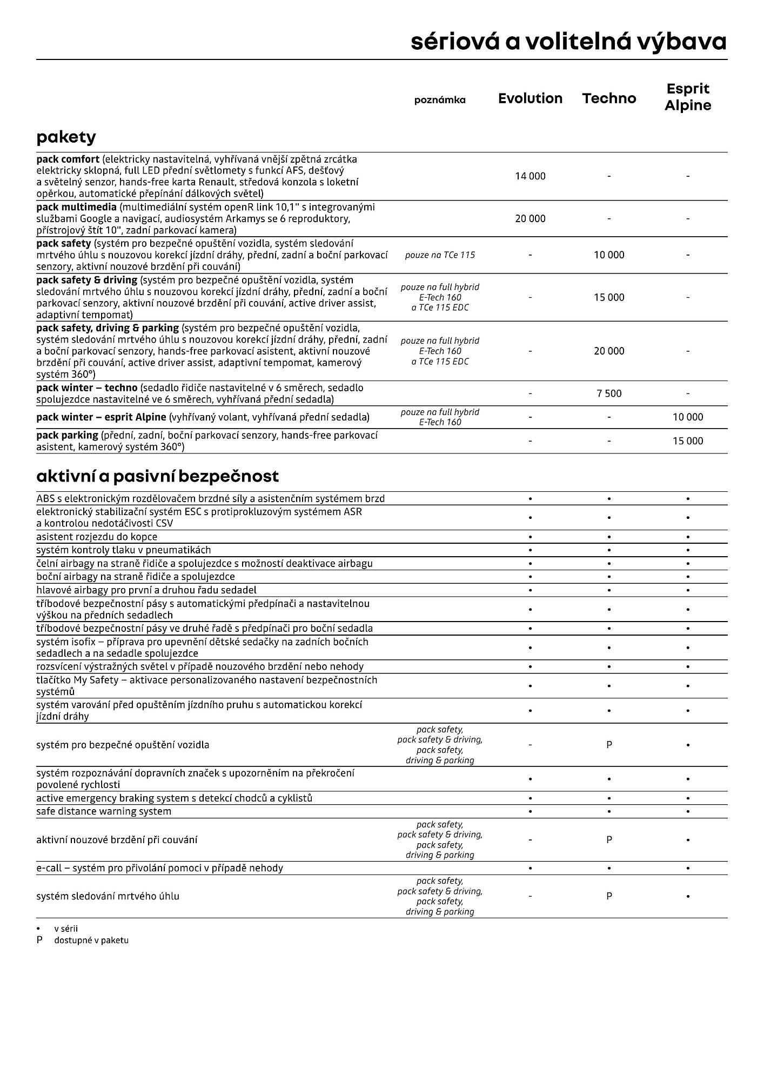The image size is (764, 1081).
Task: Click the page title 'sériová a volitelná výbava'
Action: tap(568, 42)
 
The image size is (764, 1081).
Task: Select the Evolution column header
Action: tap(530, 98)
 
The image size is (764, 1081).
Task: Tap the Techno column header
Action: tap(609, 98)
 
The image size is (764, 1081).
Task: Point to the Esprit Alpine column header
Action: tap(688, 97)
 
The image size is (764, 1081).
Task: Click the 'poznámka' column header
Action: tap(440, 100)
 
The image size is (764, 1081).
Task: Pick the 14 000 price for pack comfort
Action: tap(530, 176)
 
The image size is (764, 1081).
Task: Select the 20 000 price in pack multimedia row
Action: tap(530, 219)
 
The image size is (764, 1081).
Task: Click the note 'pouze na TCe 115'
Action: tap(440, 255)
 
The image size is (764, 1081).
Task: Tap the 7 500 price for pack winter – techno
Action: tap(609, 393)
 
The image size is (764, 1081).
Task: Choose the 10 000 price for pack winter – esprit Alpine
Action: tap(688, 417)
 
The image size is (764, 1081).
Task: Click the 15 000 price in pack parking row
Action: tap(688, 441)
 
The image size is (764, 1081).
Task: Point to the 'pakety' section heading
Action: tap(66, 137)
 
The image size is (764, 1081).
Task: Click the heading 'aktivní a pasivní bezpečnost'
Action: tap(157, 477)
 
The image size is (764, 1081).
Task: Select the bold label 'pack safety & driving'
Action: tap(86, 280)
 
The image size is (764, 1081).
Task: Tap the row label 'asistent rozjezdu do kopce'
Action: tap(97, 537)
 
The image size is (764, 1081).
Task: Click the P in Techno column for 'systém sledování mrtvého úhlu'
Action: tap(609, 896)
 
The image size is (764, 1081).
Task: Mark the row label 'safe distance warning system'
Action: tap(104, 811)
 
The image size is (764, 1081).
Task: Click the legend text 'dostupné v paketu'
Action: tap(91, 940)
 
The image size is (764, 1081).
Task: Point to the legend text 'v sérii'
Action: tap(66, 929)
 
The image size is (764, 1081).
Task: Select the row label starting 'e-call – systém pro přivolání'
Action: tap(159, 868)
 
